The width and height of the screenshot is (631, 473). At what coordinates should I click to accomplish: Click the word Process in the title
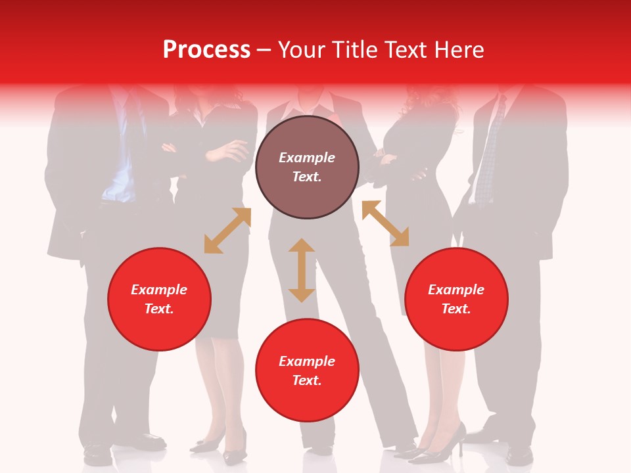206,50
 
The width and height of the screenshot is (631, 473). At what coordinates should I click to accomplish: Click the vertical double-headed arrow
302,270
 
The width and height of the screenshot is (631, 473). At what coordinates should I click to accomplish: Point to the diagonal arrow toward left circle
227,231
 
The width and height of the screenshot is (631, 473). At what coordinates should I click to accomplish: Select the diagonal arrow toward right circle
385,223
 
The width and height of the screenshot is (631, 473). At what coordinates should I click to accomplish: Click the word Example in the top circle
307,158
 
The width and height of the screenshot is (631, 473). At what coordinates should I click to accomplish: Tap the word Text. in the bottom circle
307,380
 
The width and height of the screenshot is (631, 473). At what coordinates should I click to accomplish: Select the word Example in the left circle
159,290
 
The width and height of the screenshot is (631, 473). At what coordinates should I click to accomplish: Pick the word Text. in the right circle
456,309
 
